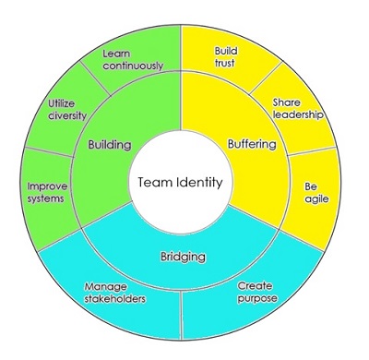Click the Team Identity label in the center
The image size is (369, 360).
pos(180,182)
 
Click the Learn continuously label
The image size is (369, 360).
pos(133,60)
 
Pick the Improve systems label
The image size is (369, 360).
pos(42,193)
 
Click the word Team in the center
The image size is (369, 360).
pos(156,182)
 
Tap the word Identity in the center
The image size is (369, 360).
pos(199,182)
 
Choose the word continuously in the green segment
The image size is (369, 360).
pos(133,66)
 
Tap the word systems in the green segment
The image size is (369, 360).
pos(42,199)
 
